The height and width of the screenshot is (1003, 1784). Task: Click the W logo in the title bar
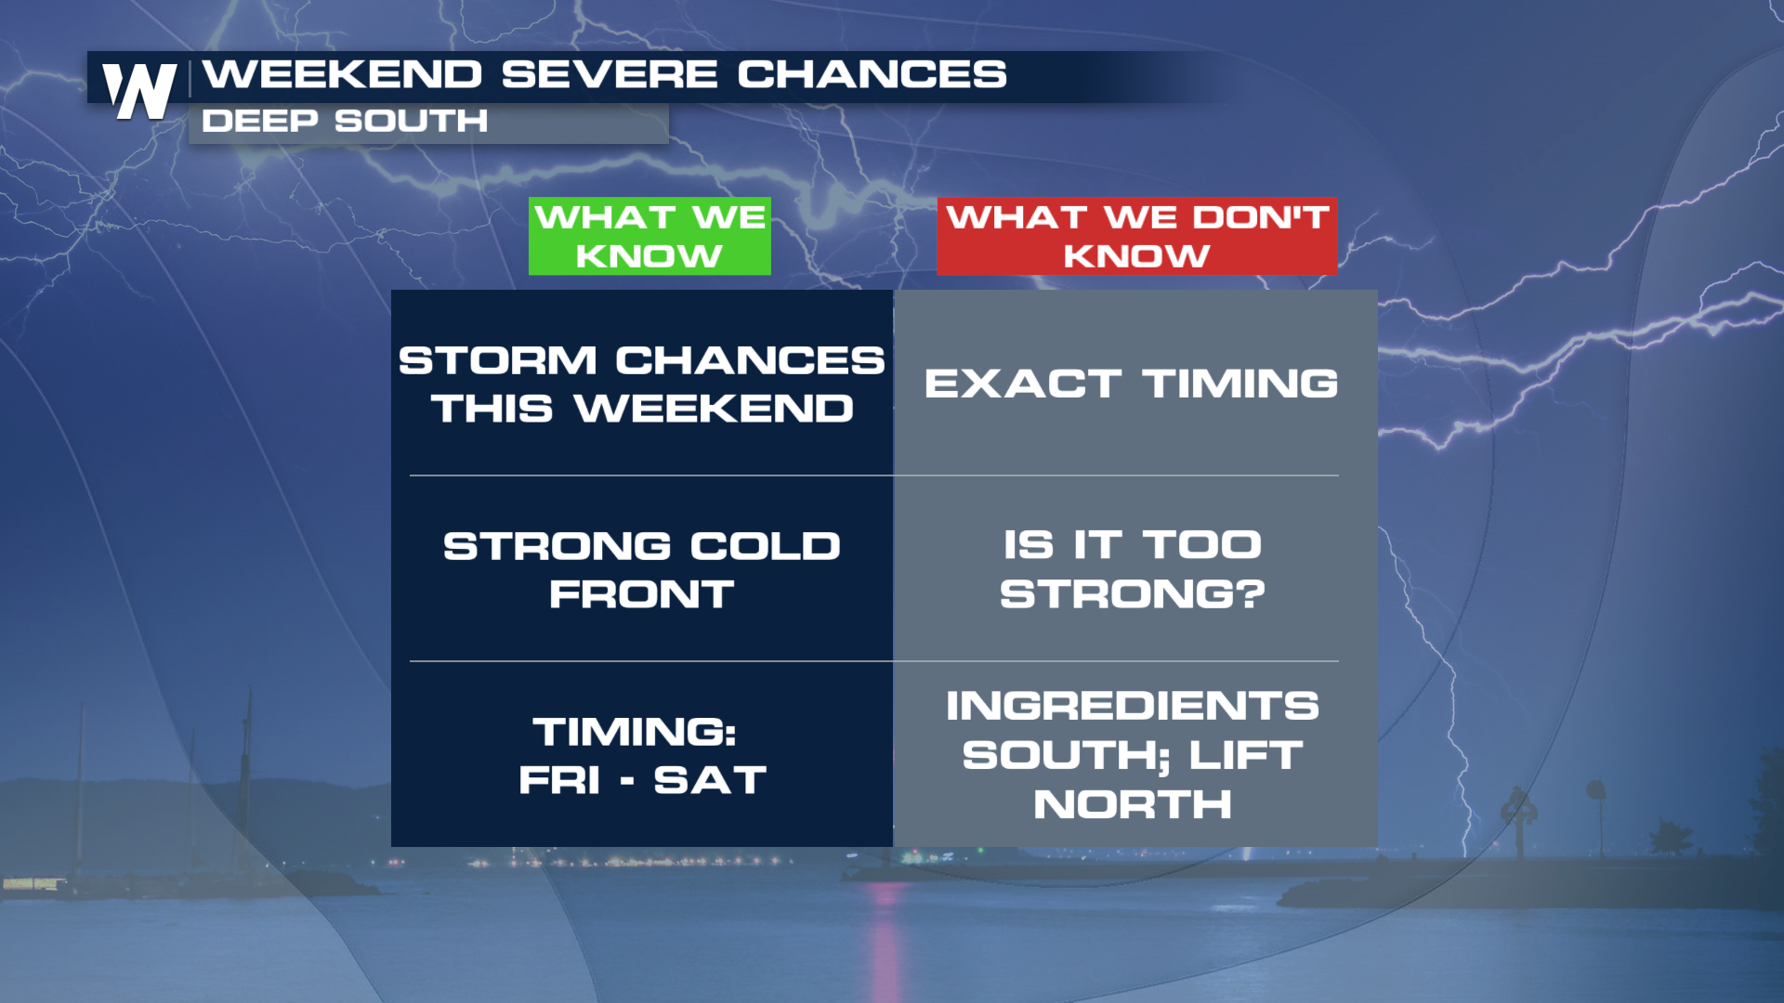[x=139, y=91]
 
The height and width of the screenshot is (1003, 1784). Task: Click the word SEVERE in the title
[x=610, y=74]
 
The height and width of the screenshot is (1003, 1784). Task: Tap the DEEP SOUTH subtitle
[x=345, y=121]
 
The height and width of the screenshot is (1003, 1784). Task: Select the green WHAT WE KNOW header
[x=649, y=236]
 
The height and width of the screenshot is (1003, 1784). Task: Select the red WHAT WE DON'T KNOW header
[x=1137, y=236]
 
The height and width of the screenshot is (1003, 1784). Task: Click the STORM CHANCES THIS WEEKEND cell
[x=642, y=384]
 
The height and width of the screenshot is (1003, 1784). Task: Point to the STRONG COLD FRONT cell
[x=642, y=569]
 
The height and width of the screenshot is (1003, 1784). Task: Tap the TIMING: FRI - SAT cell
[x=642, y=755]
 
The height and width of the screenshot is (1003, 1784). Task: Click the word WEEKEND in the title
[x=343, y=74]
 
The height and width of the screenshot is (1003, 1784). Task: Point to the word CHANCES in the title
[x=872, y=74]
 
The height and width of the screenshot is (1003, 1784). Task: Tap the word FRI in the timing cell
[x=559, y=780]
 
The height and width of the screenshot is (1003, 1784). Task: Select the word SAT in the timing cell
[x=711, y=780]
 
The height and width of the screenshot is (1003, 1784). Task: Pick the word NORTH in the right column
[x=1133, y=804]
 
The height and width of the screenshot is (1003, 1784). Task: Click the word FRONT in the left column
[x=642, y=594]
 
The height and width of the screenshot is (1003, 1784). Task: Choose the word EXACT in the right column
[x=1023, y=384]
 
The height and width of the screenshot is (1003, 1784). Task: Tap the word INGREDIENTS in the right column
[x=1133, y=706]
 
